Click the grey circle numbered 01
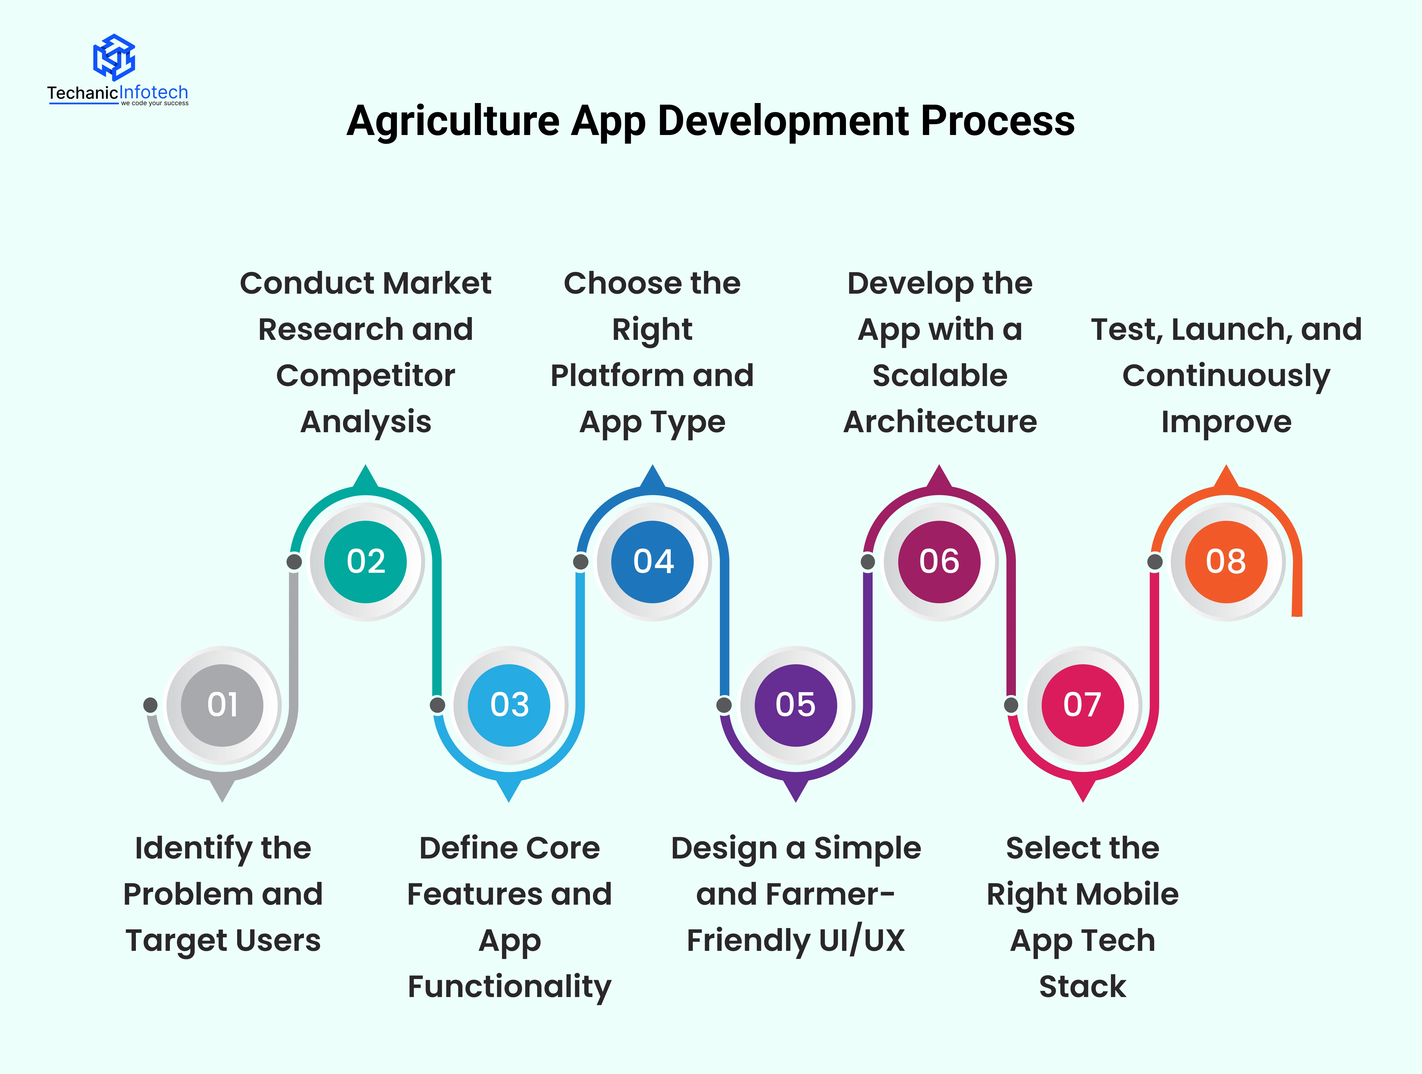pos(222,705)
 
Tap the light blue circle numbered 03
pos(509,705)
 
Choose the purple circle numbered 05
pos(796,705)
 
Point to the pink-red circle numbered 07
pos(1082,705)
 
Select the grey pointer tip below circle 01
pos(222,792)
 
